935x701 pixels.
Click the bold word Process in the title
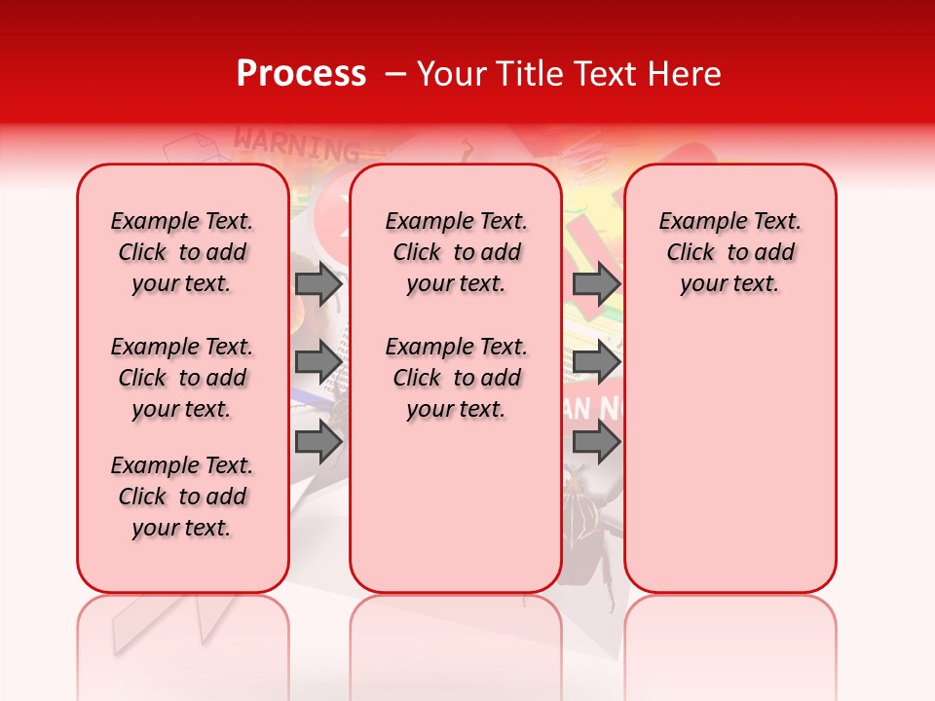click(x=301, y=74)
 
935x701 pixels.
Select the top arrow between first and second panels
click(x=318, y=283)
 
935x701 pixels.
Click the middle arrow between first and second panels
click(x=318, y=363)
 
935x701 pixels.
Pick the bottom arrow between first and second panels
click(x=318, y=443)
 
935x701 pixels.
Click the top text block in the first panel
click(x=182, y=252)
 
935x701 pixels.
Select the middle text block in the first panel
click(x=182, y=378)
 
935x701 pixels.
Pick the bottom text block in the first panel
click(x=182, y=497)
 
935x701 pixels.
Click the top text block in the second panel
click(x=456, y=252)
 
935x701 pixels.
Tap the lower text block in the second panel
click(x=456, y=378)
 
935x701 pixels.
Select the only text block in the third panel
click(x=729, y=252)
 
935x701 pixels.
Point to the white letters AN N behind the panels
click(x=592, y=409)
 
